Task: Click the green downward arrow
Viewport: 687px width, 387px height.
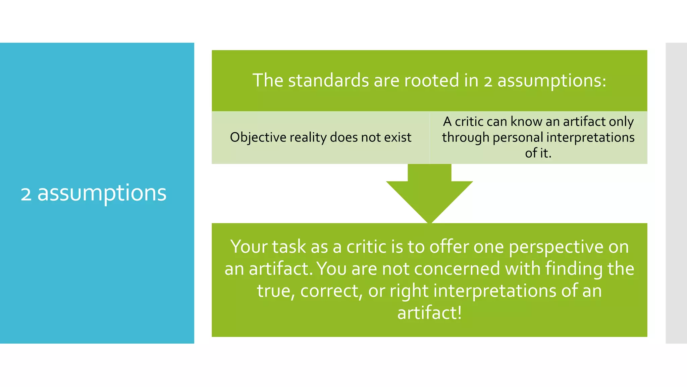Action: click(429, 195)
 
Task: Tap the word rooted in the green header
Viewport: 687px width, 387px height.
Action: click(431, 81)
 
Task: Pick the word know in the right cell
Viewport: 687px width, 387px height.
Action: click(526, 122)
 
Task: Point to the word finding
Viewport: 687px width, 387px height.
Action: click(574, 269)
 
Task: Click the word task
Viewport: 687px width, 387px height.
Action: click(289, 247)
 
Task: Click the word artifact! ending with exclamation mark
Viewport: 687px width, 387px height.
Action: click(429, 313)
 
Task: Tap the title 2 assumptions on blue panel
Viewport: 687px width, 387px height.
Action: click(94, 193)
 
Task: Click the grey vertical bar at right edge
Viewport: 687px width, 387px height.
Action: click(676, 193)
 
